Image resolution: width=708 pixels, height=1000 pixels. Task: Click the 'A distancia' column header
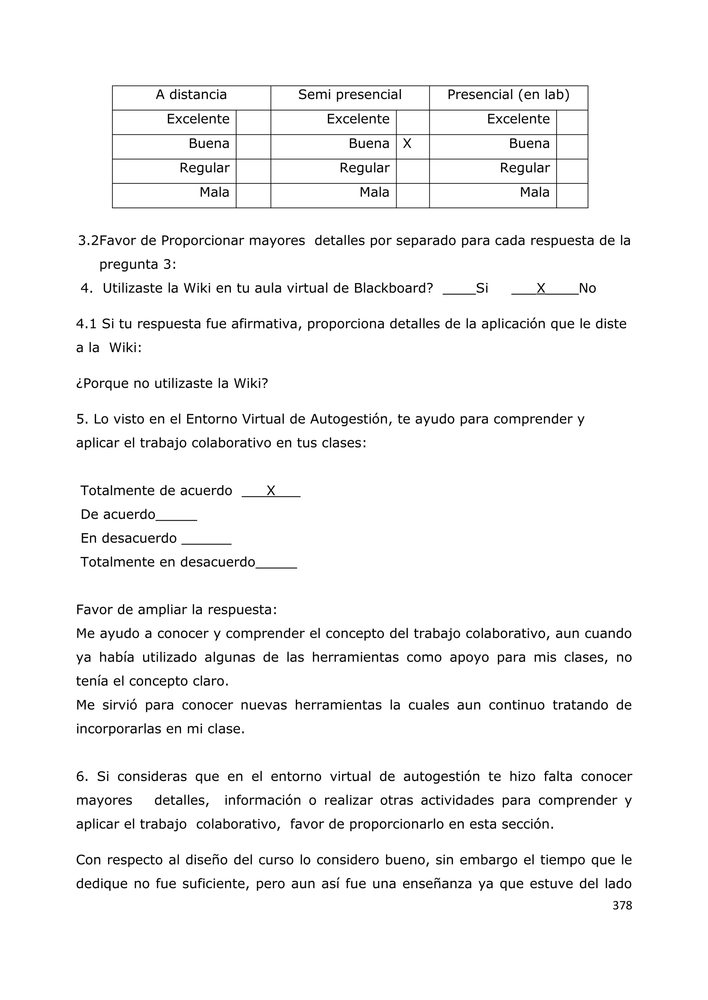(x=192, y=95)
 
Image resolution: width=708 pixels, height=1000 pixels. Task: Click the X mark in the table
(x=407, y=144)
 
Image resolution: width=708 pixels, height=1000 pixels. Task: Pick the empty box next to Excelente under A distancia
(x=253, y=122)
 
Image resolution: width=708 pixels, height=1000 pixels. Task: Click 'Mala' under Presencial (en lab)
(x=534, y=193)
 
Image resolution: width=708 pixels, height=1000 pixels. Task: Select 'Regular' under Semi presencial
(x=364, y=168)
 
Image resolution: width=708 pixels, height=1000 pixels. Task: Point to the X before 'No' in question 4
(x=541, y=288)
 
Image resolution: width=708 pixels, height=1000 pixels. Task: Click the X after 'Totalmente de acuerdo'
(x=271, y=491)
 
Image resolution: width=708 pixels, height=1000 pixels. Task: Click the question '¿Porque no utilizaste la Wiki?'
(x=172, y=383)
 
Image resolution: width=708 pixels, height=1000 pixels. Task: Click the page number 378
(x=622, y=906)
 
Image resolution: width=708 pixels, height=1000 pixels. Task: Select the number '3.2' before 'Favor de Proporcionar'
(x=88, y=241)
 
